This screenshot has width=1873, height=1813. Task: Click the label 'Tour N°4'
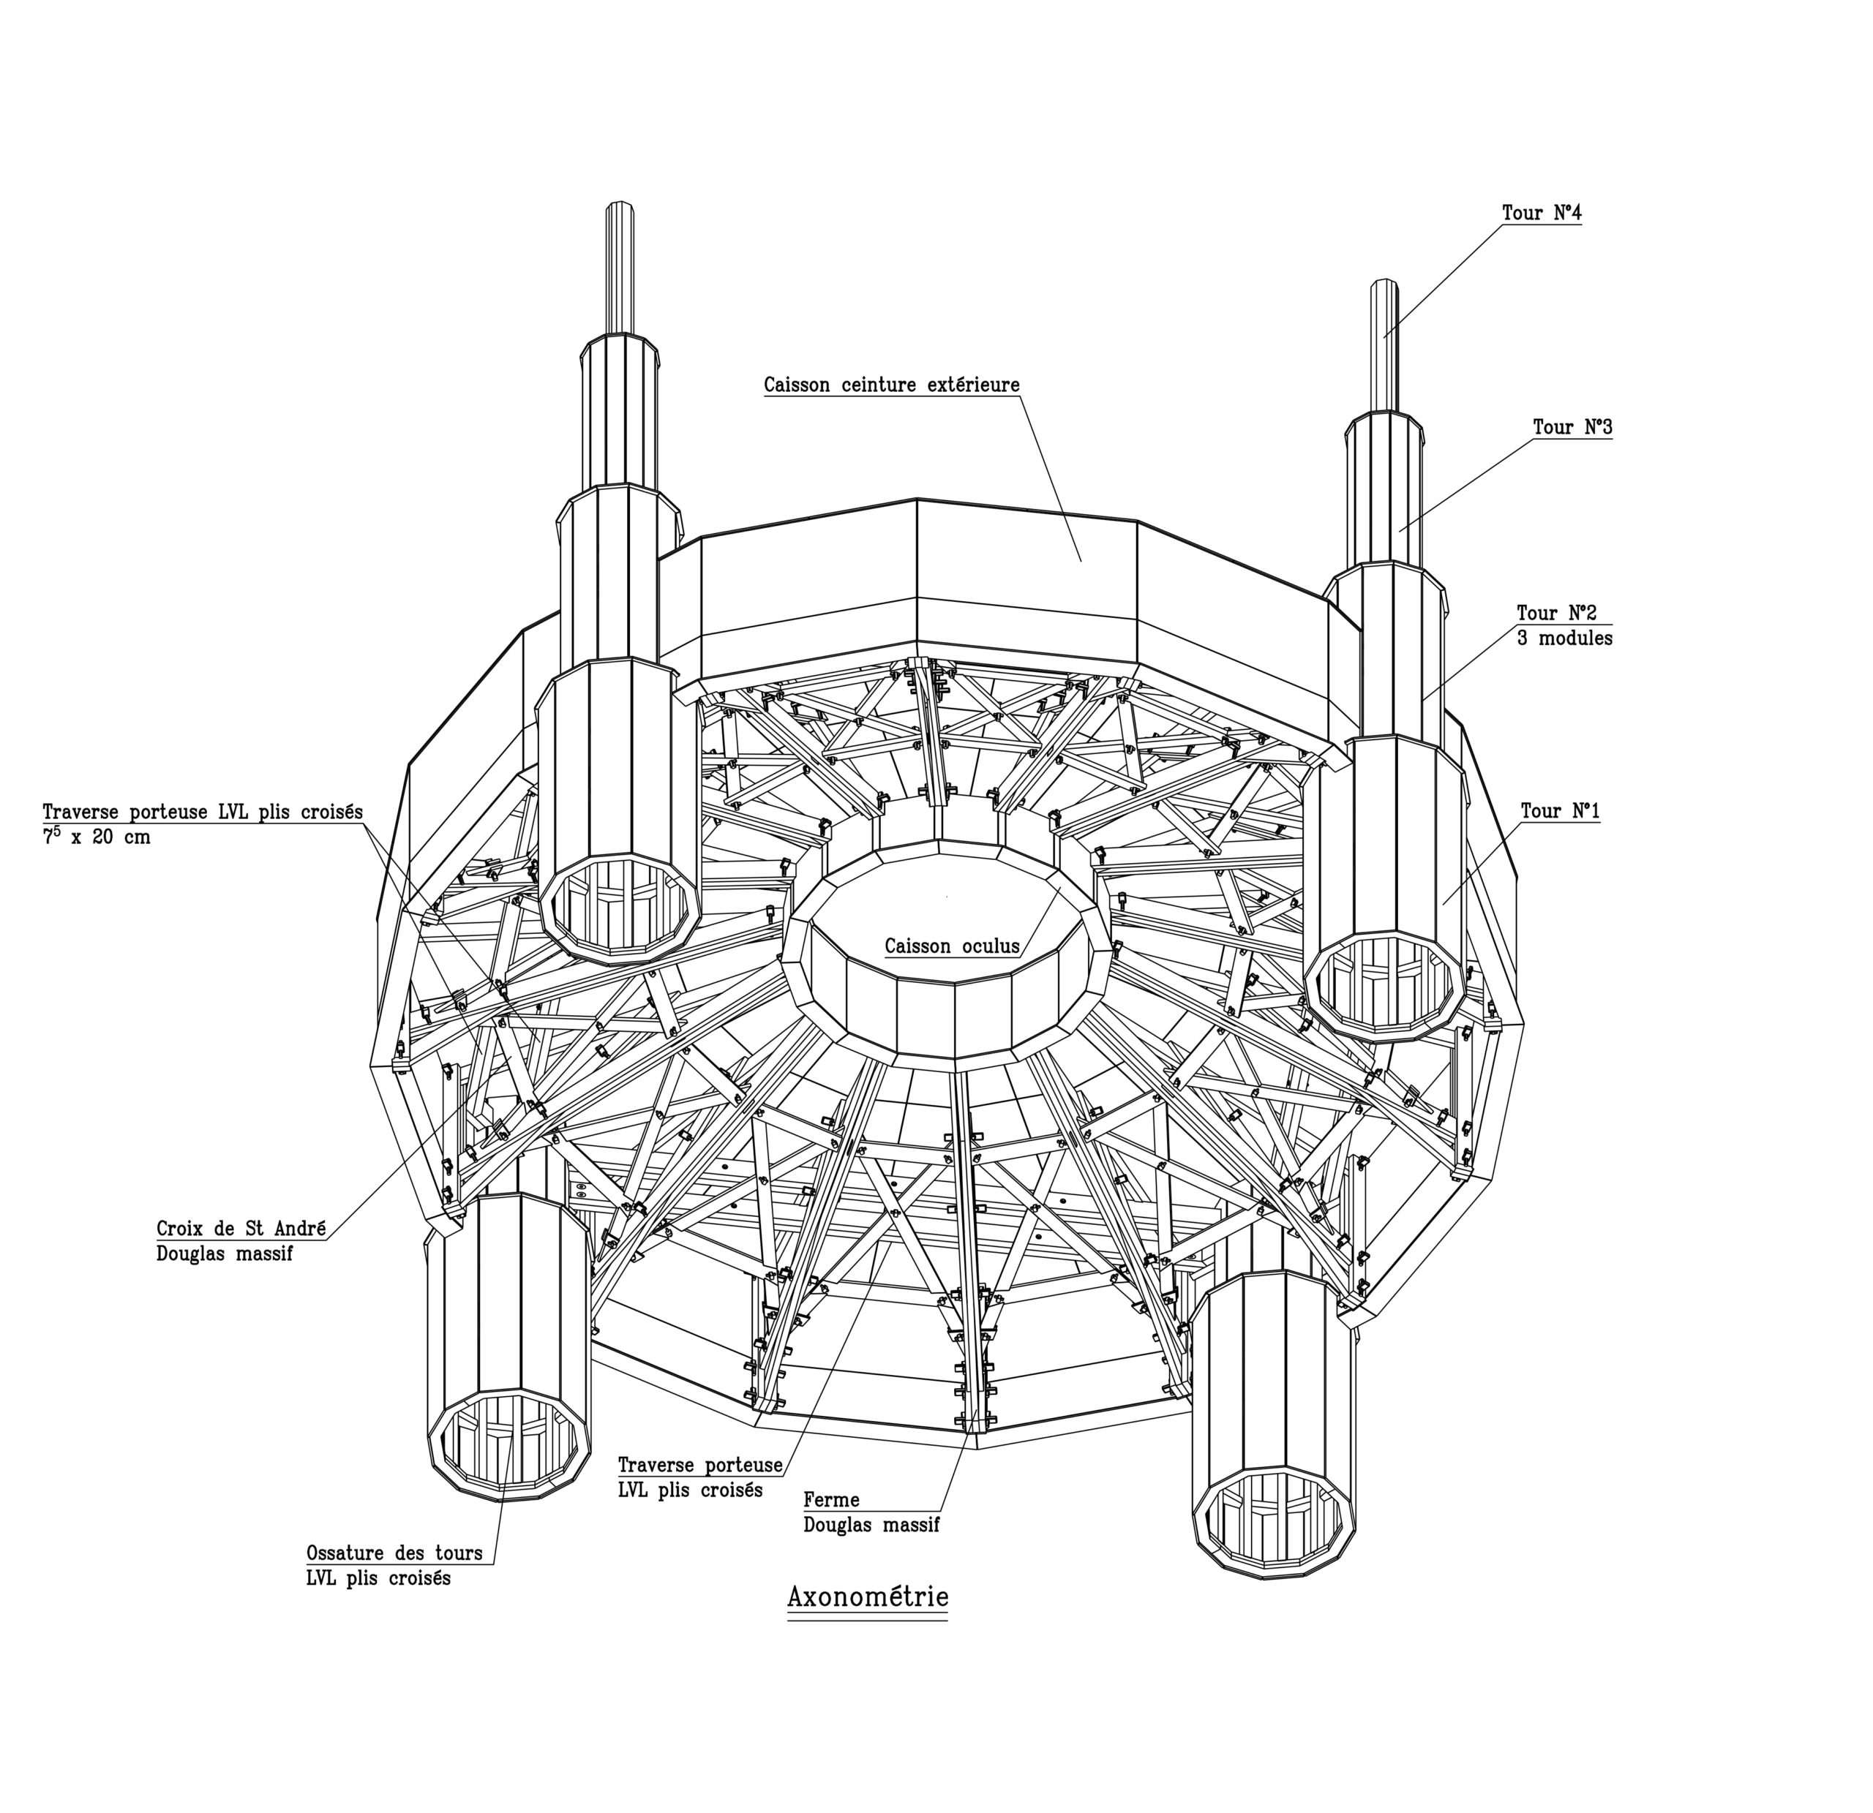click(1542, 213)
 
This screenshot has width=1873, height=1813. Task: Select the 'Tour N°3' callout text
click(1573, 427)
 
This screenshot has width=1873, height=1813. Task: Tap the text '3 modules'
click(1564, 638)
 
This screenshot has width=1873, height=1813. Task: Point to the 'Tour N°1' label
click(1561, 811)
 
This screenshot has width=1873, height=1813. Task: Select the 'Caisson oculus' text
click(952, 946)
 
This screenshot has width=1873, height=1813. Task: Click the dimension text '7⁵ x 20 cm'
click(97, 837)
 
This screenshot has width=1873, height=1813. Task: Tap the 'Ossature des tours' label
click(394, 1553)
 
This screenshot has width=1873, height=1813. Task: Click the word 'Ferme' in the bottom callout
click(831, 1500)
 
